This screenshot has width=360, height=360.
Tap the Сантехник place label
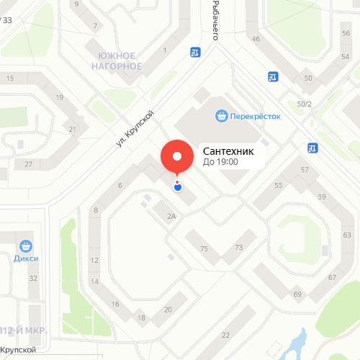tap(229, 151)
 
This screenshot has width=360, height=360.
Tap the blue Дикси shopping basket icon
tap(25, 246)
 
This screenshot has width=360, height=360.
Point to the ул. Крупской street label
tap(135, 130)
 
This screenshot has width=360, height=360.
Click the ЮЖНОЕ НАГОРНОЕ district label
tap(117, 61)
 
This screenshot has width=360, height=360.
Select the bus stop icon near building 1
tap(195, 52)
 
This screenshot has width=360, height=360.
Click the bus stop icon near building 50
tap(273, 76)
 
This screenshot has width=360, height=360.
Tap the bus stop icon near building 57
tap(312, 148)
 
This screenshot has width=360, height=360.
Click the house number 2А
tap(171, 215)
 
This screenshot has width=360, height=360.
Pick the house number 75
tap(204, 248)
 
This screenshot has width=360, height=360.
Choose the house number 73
tap(238, 248)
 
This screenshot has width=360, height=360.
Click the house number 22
tap(225, 335)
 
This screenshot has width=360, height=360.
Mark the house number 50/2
tap(305, 104)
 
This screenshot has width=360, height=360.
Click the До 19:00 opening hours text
tap(221, 163)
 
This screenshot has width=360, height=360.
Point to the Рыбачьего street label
tap(215, 20)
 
